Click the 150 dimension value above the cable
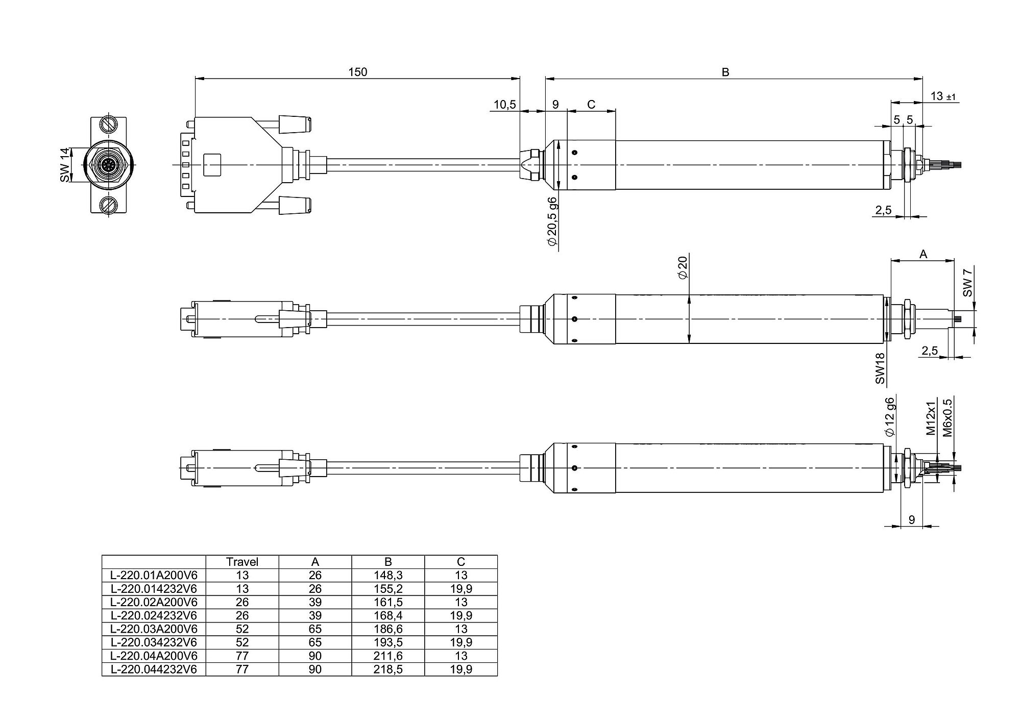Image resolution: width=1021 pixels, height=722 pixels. [x=357, y=72]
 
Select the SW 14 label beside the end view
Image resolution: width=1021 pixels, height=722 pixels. [x=64, y=165]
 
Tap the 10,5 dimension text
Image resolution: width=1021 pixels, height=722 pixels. [x=505, y=105]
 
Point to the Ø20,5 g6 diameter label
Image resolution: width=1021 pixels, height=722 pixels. [x=552, y=221]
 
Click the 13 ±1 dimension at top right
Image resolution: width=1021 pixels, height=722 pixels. [x=943, y=96]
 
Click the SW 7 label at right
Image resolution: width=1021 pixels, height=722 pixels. [x=967, y=282]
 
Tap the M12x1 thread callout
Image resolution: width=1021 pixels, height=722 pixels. [x=931, y=418]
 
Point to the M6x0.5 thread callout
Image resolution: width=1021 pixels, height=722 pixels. [x=947, y=417]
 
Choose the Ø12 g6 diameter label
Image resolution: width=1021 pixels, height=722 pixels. [x=890, y=417]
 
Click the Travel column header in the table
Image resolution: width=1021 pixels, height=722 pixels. [x=242, y=562]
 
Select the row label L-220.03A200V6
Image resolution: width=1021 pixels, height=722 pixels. [x=154, y=629]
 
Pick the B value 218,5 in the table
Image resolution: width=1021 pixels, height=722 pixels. [x=388, y=669]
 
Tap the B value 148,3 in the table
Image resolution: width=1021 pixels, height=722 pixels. [x=388, y=575]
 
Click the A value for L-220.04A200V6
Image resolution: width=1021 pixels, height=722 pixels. [x=315, y=656]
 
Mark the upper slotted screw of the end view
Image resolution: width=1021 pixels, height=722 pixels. [x=108, y=125]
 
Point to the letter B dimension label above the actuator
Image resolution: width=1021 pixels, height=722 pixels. [x=725, y=72]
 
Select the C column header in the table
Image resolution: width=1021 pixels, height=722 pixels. [x=461, y=562]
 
